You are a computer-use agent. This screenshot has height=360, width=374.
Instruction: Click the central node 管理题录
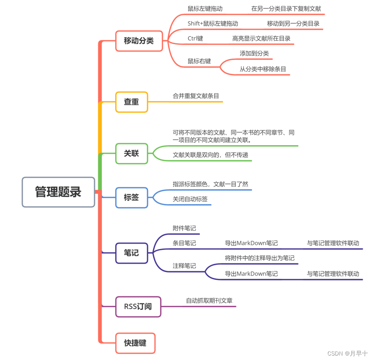click(x=58, y=192)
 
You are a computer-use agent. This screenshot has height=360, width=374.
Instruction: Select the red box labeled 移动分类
click(x=139, y=41)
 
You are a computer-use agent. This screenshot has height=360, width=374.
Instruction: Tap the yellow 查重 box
click(x=131, y=102)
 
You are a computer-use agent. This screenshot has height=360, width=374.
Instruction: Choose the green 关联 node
click(x=131, y=153)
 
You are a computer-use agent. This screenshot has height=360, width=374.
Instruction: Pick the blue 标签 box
click(x=131, y=197)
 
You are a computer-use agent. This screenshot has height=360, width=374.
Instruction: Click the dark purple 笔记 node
click(x=131, y=253)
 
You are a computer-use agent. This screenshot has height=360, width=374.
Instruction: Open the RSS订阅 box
click(x=138, y=306)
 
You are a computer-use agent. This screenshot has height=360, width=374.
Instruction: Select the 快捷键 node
click(x=135, y=343)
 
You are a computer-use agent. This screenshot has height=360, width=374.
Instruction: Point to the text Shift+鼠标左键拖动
click(x=213, y=23)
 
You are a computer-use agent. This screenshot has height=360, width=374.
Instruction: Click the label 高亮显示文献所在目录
click(x=261, y=38)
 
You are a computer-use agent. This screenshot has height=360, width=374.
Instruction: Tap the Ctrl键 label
click(x=195, y=38)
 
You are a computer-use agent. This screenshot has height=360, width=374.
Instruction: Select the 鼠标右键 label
click(x=199, y=61)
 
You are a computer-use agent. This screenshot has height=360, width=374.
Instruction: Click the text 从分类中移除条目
click(x=263, y=69)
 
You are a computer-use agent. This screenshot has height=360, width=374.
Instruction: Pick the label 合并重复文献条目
click(x=196, y=96)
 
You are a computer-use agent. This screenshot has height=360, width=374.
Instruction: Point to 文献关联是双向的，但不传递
click(x=210, y=155)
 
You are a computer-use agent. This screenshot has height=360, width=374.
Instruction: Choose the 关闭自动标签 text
click(x=190, y=199)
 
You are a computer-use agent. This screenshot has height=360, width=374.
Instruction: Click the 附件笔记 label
click(x=184, y=228)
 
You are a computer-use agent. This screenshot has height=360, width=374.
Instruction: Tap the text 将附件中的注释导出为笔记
click(x=260, y=258)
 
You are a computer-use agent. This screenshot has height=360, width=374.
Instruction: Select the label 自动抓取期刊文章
click(x=209, y=301)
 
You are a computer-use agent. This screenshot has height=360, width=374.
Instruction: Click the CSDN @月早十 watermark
click(x=347, y=353)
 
